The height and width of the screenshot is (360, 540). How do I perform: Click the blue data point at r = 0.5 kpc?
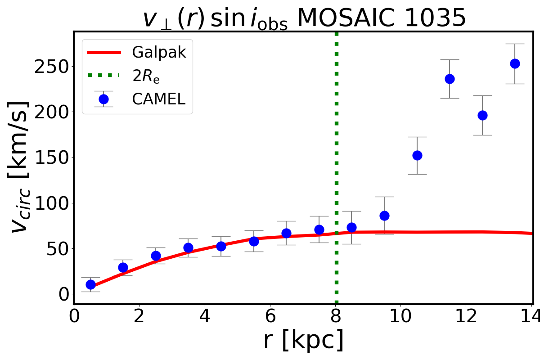tap(90, 284)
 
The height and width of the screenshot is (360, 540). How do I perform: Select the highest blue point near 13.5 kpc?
tap(515, 63)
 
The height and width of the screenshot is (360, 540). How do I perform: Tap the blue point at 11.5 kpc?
tap(450, 79)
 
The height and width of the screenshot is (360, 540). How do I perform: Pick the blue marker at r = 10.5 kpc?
tap(417, 155)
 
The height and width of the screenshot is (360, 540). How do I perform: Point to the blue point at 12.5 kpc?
tap(482, 115)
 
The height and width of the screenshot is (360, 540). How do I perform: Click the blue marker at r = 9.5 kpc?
tap(384, 216)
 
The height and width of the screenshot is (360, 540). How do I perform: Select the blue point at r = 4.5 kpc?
tap(221, 246)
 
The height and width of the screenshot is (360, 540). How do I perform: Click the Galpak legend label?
tap(159, 53)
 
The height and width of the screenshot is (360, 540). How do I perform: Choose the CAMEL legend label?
tap(158, 99)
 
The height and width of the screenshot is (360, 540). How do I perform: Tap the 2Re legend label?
tap(146, 76)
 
